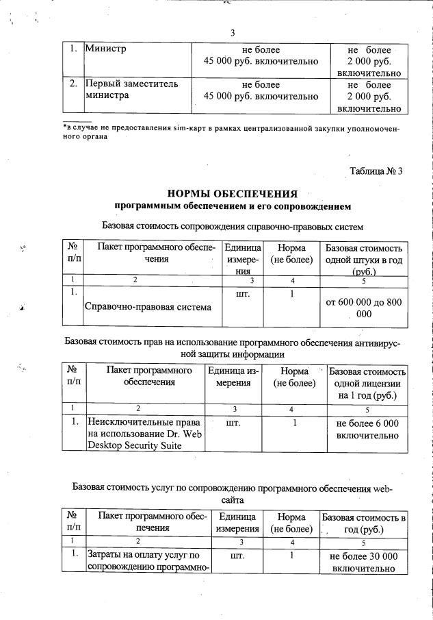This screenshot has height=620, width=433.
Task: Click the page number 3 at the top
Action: [233, 34]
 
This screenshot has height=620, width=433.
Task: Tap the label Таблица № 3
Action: [376, 171]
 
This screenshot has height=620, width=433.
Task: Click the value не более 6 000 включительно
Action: [367, 429]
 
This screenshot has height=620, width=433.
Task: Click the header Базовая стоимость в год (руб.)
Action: [363, 523]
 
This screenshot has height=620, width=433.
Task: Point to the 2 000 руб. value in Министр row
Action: [369, 61]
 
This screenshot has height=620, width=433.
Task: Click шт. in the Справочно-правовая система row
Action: [242, 294]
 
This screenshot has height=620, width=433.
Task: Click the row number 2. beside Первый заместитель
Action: [73, 84]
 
